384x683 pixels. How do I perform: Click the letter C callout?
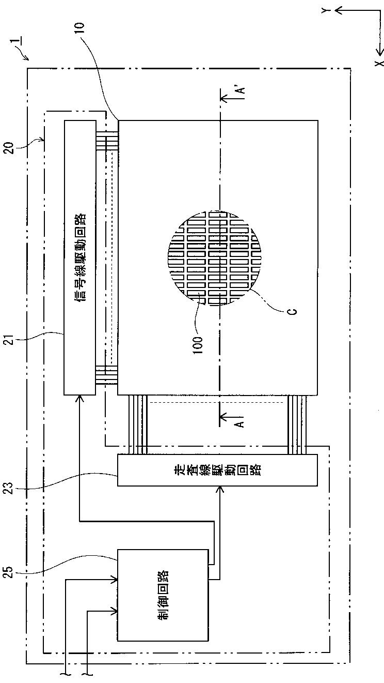point(292,311)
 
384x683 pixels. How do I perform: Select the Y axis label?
point(325,10)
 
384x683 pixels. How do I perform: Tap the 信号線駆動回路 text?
point(80,257)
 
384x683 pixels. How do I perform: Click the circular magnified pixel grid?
point(219,257)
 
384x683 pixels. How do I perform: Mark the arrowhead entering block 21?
point(80,399)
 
